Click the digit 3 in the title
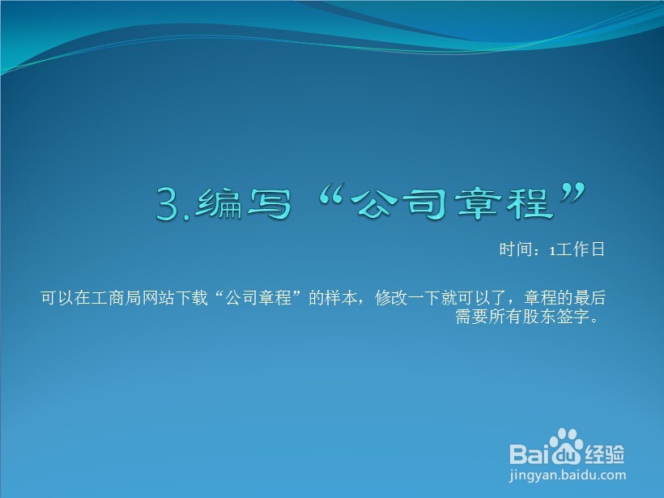171,204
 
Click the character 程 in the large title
532,202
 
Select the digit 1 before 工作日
552,251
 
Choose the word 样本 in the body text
345,298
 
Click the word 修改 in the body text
389,298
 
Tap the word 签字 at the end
577,316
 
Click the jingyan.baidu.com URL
568,476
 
